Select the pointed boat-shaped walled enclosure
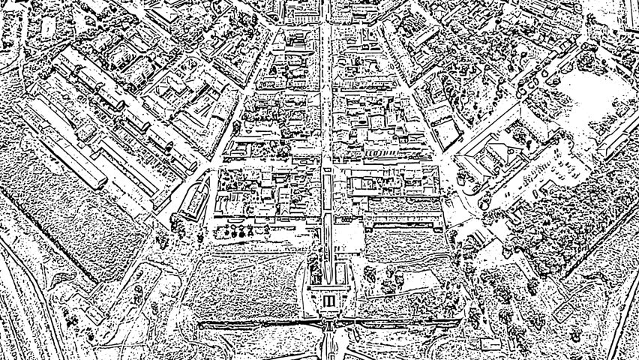point(193,196)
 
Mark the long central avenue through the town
point(327,112)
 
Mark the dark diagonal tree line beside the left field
point(45,232)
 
